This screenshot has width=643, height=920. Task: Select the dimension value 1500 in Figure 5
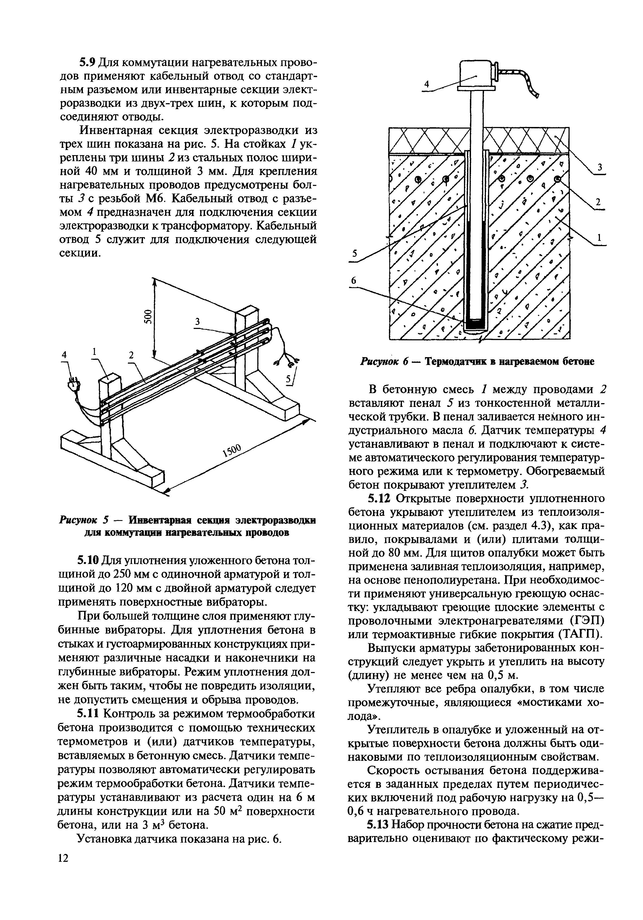click(x=232, y=451)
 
